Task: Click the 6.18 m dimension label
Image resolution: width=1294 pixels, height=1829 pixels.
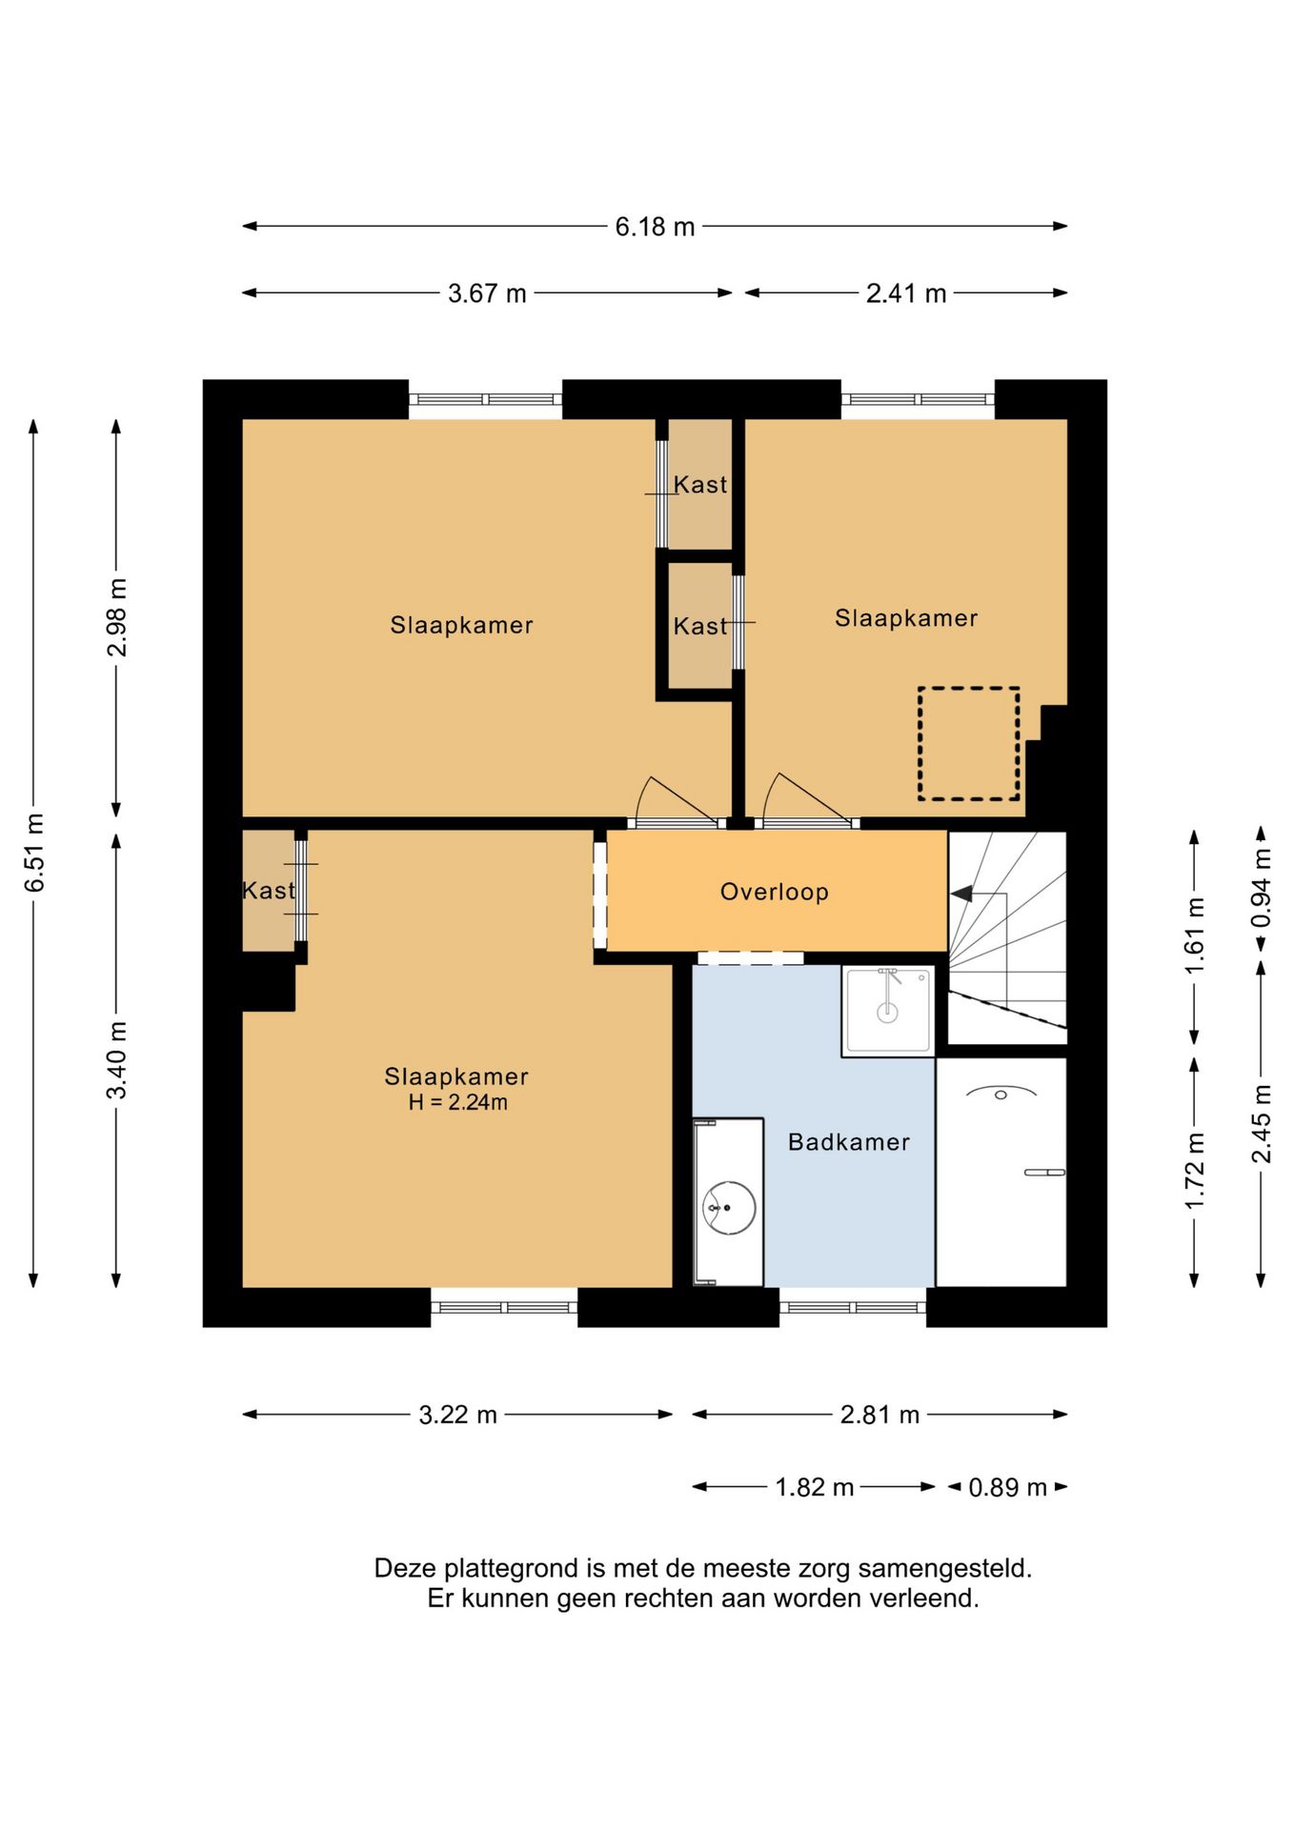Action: [655, 227]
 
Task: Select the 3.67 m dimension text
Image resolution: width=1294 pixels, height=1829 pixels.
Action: [487, 293]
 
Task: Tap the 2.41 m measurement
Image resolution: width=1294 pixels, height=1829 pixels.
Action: [905, 293]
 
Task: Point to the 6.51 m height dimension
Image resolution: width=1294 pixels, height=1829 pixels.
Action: [34, 853]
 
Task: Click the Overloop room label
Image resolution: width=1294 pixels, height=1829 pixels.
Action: [774, 892]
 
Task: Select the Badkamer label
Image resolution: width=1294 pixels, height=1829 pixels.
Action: [848, 1141]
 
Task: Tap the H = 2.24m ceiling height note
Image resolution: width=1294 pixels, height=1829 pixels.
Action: [457, 1102]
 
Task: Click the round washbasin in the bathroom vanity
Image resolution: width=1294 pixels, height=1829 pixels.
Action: [729, 1208]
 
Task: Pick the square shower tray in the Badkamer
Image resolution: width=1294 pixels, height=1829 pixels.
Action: [887, 1011]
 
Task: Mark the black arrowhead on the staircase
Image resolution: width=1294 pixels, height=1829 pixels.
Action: [961, 894]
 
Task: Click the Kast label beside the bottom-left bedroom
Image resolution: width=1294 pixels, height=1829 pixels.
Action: [269, 891]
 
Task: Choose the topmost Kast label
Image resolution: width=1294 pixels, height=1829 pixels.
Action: [700, 485]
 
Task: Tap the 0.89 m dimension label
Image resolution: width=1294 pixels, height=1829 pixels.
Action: [1007, 1487]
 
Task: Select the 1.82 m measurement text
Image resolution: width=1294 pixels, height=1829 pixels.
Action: [814, 1487]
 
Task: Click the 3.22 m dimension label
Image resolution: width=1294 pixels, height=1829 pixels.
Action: [457, 1415]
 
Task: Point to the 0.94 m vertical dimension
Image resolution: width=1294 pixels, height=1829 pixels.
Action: [1262, 889]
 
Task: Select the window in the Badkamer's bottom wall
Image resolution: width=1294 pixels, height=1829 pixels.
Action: [853, 1307]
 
